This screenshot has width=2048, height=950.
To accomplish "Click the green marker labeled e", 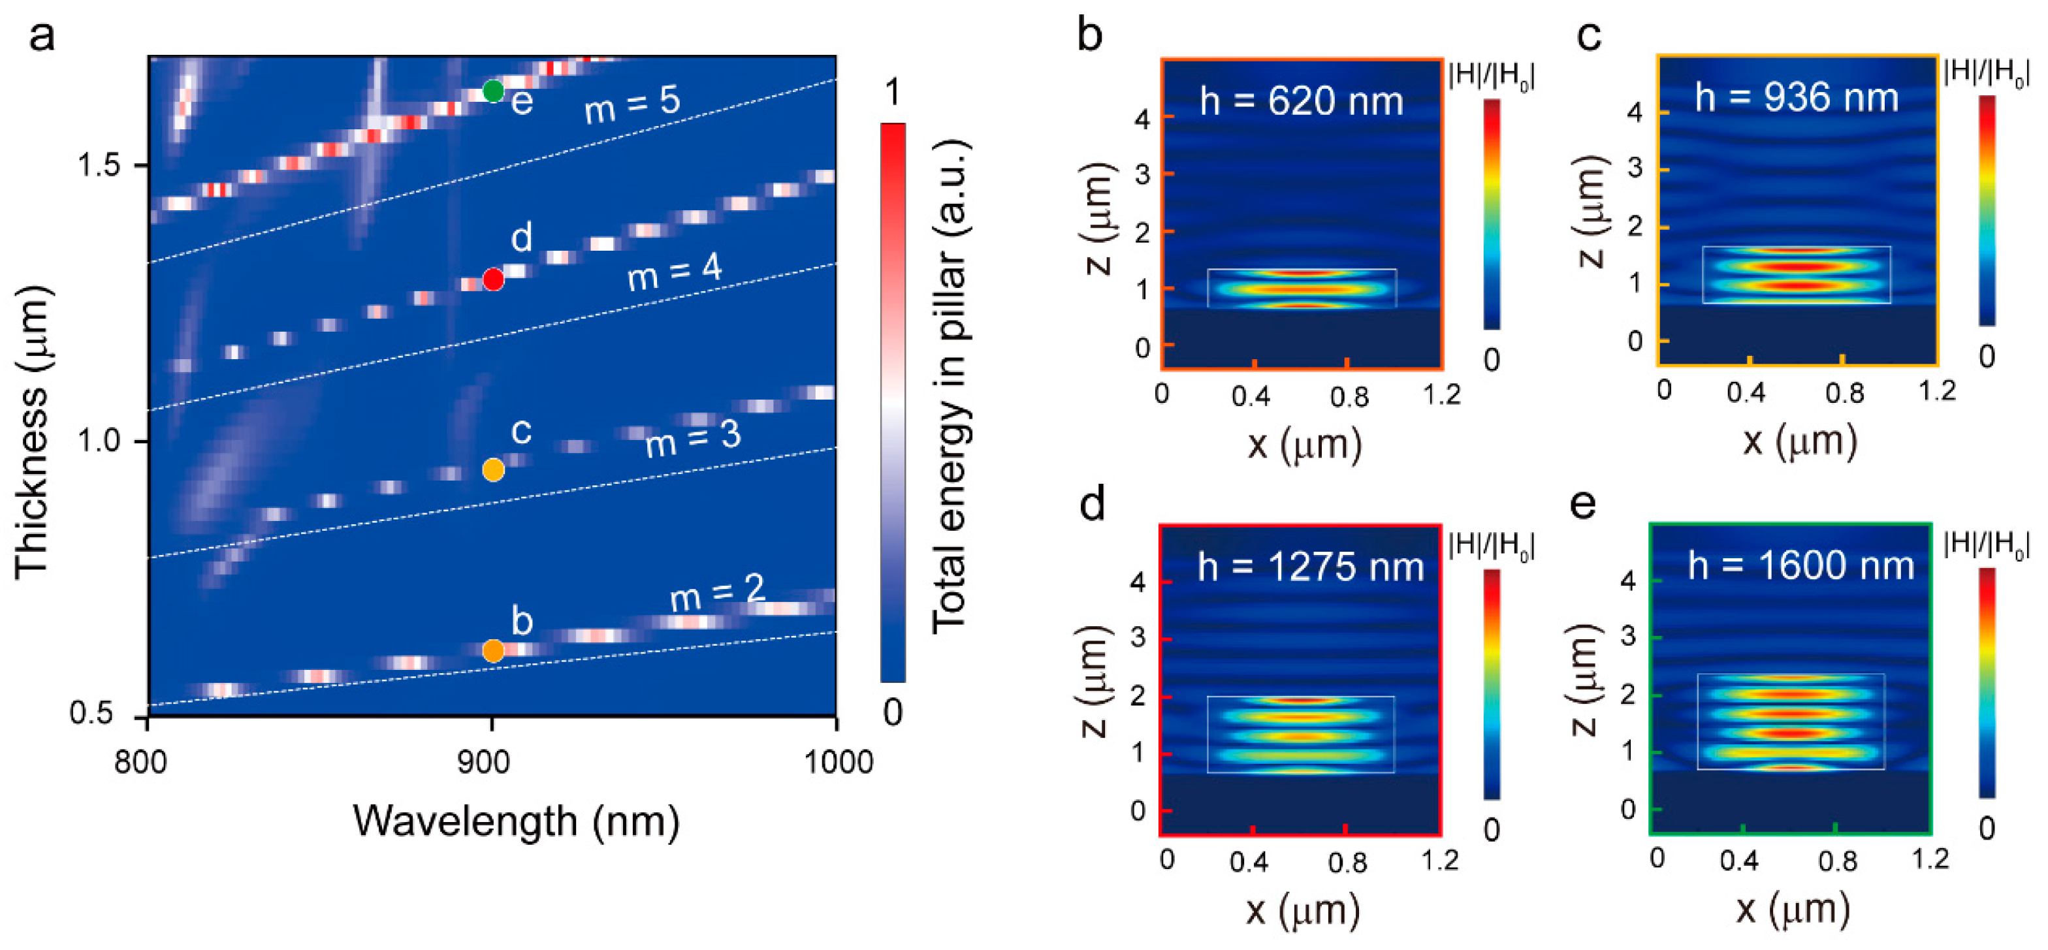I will [493, 91].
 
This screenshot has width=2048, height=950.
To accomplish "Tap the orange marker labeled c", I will [493, 470].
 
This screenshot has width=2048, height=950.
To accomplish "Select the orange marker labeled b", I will [493, 651].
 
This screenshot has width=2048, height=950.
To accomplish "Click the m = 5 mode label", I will [632, 105].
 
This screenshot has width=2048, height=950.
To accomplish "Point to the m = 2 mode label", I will [716, 592].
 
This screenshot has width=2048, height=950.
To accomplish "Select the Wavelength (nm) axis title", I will [517, 822].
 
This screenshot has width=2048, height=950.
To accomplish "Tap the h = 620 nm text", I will [1302, 102].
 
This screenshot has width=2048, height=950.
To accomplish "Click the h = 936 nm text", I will [1796, 98].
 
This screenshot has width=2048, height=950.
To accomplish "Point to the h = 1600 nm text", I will [1800, 566].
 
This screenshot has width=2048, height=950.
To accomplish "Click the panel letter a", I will [41, 37].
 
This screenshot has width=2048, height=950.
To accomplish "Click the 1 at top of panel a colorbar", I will [893, 92].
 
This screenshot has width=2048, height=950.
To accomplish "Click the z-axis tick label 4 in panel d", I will [1138, 582].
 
